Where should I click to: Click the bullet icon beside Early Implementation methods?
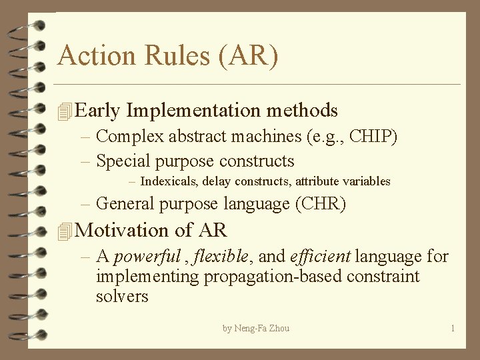tap(65, 111)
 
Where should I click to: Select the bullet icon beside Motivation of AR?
tap(65, 231)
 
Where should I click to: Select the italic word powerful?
tap(147, 257)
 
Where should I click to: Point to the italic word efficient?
tap(321, 257)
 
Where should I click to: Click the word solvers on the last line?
tap(122, 297)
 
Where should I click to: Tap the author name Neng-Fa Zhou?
tap(262, 329)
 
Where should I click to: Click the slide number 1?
tap(453, 329)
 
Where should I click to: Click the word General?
tap(125, 204)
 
